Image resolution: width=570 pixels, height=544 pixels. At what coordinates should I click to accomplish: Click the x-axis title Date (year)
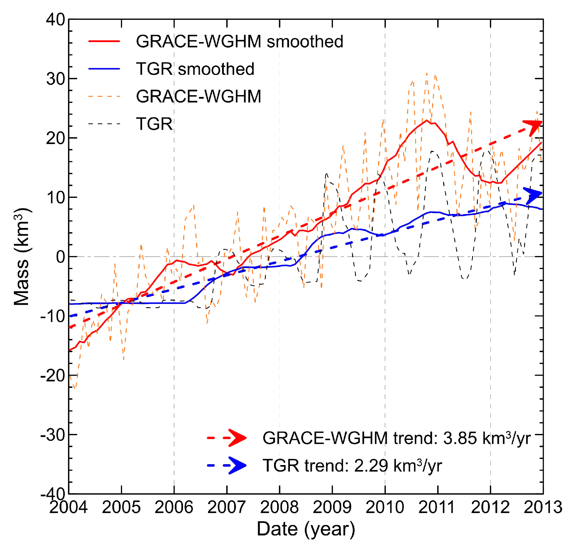click(306, 529)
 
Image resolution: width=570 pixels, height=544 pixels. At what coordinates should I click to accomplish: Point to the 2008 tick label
click(279, 507)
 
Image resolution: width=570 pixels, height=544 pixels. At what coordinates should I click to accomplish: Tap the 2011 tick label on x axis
click(437, 507)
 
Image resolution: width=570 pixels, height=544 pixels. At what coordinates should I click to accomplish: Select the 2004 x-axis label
click(68, 507)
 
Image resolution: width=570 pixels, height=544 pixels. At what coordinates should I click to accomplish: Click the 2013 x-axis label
click(543, 507)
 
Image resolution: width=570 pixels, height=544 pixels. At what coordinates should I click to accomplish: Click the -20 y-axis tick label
click(53, 376)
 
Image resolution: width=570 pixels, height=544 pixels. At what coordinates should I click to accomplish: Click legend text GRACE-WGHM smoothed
click(239, 41)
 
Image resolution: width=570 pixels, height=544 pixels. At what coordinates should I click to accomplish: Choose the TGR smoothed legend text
click(195, 69)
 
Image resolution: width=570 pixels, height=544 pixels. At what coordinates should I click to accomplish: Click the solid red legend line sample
click(104, 41)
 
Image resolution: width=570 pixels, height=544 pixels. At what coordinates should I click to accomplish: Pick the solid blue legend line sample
click(104, 69)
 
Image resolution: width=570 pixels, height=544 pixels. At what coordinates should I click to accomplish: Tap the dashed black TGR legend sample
click(104, 124)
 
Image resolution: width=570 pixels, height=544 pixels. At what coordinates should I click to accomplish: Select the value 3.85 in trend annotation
click(460, 438)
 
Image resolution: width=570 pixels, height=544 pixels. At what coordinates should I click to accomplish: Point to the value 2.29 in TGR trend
click(371, 466)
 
